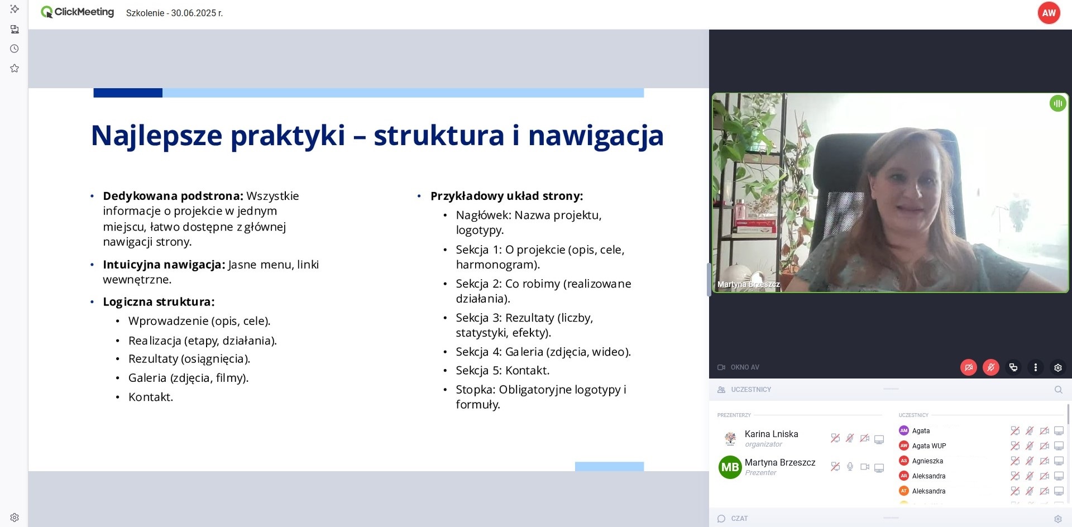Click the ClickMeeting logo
pyautogui.click(x=78, y=12)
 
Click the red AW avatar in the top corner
pyautogui.click(x=1049, y=13)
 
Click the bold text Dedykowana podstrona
pyautogui.click(x=173, y=196)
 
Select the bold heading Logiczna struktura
pyautogui.click(x=159, y=302)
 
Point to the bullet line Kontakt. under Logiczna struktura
pyautogui.click(x=151, y=397)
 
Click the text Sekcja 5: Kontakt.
pyautogui.click(x=502, y=370)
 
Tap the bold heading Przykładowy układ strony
pyautogui.click(x=506, y=196)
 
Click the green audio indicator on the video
pyautogui.click(x=1057, y=103)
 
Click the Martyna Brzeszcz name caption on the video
pyautogui.click(x=748, y=284)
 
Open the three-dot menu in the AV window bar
pyautogui.click(x=1035, y=367)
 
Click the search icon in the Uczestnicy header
pyautogui.click(x=1058, y=390)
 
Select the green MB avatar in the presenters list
pyautogui.click(x=730, y=467)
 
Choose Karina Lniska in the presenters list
pyautogui.click(x=771, y=434)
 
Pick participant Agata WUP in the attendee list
pyautogui.click(x=929, y=446)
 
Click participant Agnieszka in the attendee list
pyautogui.click(x=927, y=461)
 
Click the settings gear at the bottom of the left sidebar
pyautogui.click(x=15, y=518)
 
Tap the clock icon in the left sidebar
pyautogui.click(x=15, y=49)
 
